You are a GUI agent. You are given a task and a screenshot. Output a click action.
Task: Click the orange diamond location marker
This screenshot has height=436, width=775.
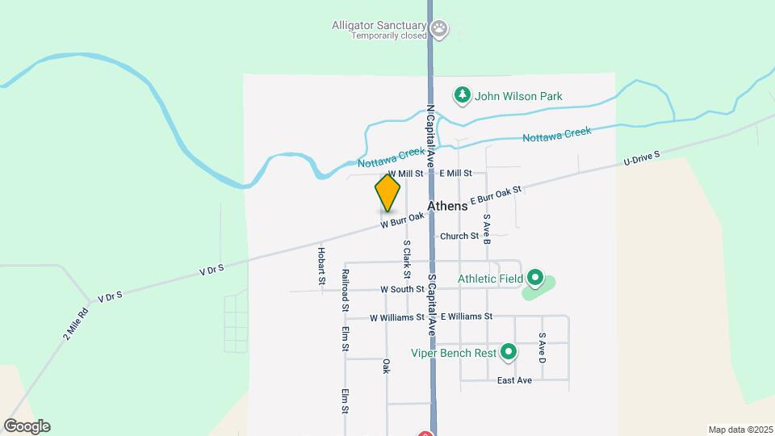click(387, 193)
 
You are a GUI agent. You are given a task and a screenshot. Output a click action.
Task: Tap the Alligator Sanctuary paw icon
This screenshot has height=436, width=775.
click(439, 31)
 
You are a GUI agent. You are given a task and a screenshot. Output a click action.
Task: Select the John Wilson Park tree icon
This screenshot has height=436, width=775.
click(462, 96)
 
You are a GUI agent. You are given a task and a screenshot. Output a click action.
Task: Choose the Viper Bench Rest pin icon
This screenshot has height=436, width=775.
click(509, 352)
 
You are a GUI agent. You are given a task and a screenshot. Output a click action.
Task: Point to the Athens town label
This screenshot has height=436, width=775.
click(447, 206)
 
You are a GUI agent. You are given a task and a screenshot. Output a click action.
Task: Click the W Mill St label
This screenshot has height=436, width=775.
click(406, 174)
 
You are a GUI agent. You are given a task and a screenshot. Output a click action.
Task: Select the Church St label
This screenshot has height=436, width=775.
click(459, 236)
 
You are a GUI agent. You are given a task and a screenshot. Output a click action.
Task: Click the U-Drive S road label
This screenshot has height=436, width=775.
click(642, 159)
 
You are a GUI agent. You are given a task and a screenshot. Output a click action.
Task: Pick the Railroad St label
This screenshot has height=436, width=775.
click(345, 291)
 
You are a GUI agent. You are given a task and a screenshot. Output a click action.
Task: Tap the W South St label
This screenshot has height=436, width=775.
click(402, 289)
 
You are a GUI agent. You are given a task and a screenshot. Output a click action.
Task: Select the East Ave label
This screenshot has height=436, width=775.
click(514, 380)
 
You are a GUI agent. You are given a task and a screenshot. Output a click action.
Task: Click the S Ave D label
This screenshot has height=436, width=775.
click(542, 346)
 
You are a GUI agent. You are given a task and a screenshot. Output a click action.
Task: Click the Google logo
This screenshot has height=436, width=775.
click(27, 426)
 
